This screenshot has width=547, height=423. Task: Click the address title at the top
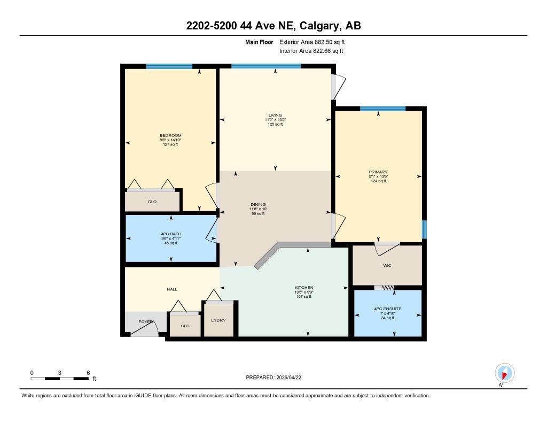(273, 26)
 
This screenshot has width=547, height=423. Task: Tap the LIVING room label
(275, 115)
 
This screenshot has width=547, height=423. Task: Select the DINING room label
(259, 204)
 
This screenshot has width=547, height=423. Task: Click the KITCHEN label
(303, 287)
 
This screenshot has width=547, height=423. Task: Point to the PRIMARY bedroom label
(378, 172)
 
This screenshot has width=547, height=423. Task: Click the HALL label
(172, 289)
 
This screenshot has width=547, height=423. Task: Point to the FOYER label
(146, 322)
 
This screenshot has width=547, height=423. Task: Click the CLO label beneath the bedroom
(153, 202)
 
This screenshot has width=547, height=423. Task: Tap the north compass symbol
(504, 373)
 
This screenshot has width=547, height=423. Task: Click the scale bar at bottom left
(60, 379)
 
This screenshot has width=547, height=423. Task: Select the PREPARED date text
(277, 377)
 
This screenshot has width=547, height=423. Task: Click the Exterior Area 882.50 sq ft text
(316, 42)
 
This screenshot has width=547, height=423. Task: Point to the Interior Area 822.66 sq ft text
(311, 51)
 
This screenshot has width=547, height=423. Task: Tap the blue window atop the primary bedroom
(382, 109)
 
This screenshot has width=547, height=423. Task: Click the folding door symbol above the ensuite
(385, 288)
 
